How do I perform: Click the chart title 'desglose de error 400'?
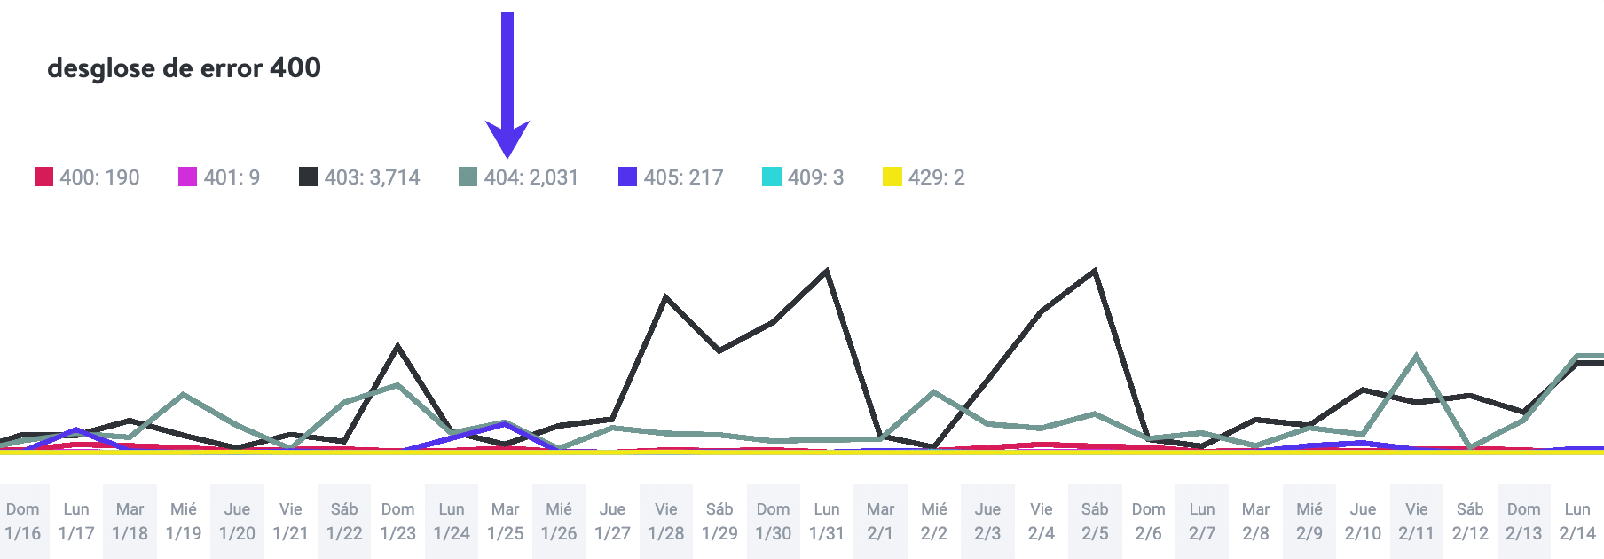[184, 67]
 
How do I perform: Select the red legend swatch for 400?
[43, 177]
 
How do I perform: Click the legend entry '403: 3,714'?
[359, 177]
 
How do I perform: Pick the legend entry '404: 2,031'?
[518, 177]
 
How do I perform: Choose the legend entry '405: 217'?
[671, 177]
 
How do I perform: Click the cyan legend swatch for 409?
[771, 177]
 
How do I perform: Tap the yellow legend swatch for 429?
[892, 177]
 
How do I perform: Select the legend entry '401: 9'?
[219, 177]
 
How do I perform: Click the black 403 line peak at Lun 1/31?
[827, 272]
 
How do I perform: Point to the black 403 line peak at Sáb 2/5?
[1095, 271]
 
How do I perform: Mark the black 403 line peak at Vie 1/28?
[665, 297]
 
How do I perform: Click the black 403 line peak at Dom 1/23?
[397, 346]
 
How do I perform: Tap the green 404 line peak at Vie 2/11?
[1416, 357]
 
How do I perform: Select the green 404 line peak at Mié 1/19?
[183, 394]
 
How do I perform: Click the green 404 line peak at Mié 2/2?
[934, 391]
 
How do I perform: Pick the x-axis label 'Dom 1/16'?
[23, 522]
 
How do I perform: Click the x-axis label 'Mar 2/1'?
[880, 522]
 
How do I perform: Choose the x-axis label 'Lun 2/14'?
[1576, 522]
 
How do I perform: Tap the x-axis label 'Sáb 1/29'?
[719, 522]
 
